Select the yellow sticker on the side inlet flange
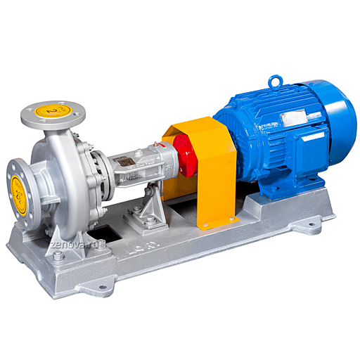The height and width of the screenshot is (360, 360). [x=18, y=187]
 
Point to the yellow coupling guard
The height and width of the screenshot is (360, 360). [x=211, y=172]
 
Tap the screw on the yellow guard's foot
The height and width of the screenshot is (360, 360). [x=206, y=226]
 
